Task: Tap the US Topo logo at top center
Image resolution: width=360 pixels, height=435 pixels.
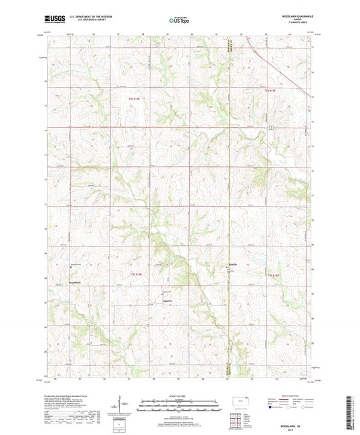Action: (x=179, y=21)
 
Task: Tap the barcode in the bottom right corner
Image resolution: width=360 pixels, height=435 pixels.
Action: (x=351, y=412)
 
